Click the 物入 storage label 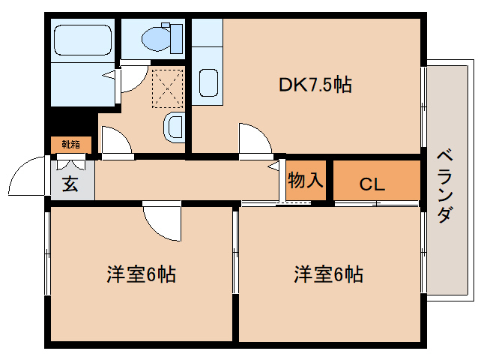(x=306, y=181)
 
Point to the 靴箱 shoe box (x=70, y=144)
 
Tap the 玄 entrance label (x=70, y=184)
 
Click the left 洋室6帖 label (x=141, y=274)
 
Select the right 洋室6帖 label (x=328, y=274)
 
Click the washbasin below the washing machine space (x=173, y=127)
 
